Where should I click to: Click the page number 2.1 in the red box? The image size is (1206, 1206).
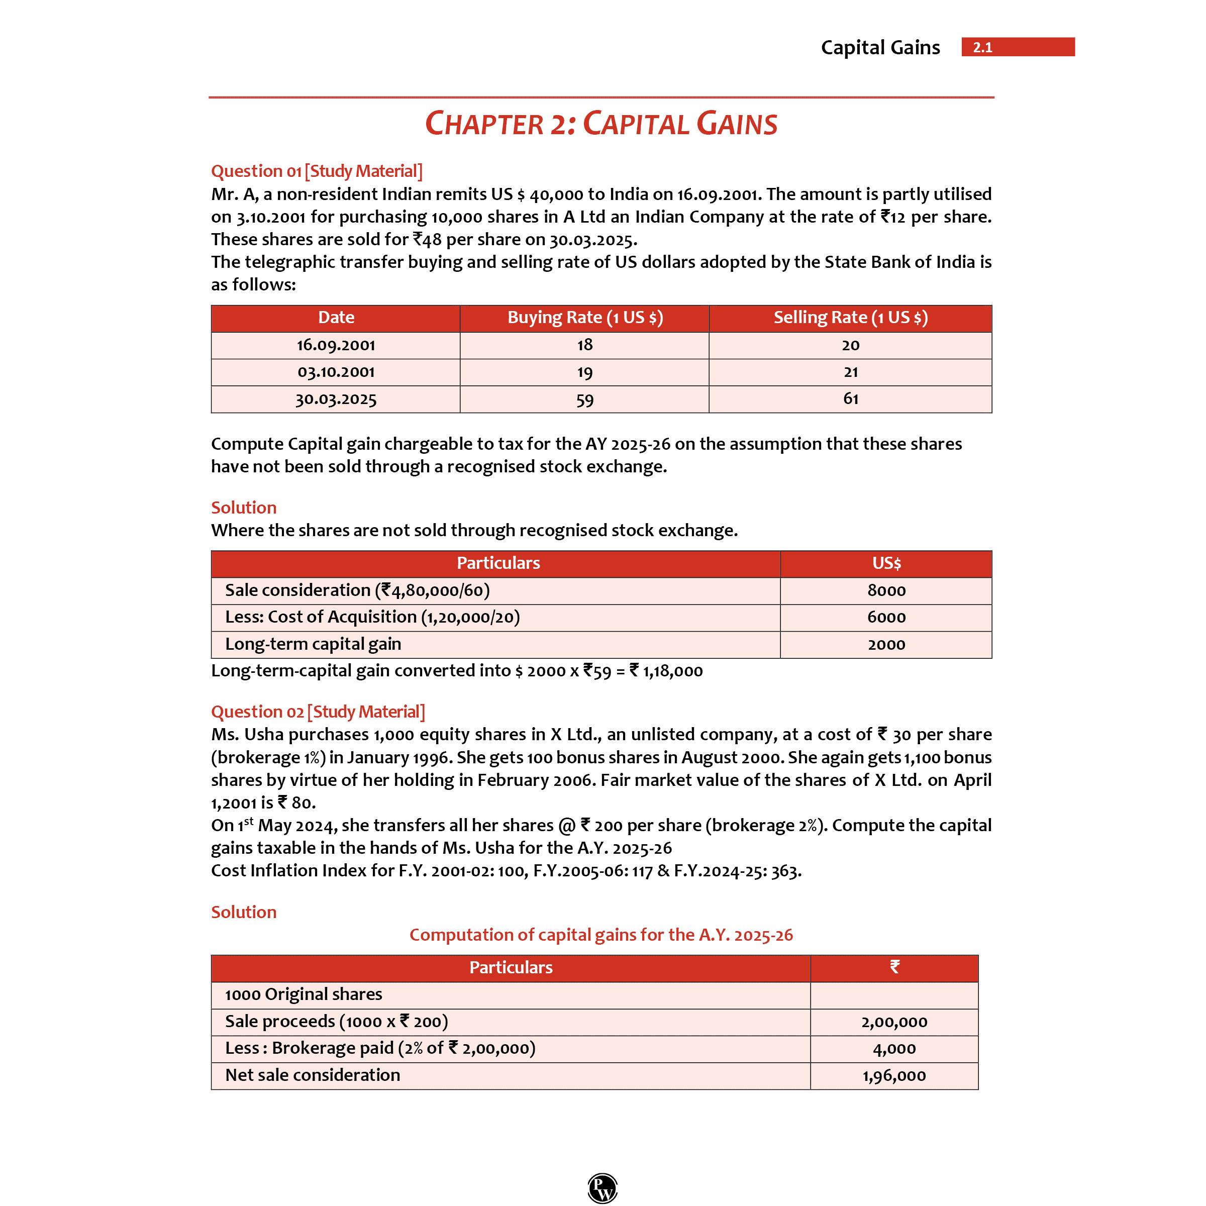pyautogui.click(x=982, y=47)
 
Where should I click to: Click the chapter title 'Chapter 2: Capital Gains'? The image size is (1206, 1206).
pyautogui.click(x=601, y=124)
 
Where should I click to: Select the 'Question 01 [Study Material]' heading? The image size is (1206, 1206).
pyautogui.click(x=317, y=171)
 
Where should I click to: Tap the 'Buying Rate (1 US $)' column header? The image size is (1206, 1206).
pyautogui.click(x=585, y=318)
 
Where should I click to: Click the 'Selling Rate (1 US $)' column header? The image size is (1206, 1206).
pyautogui.click(x=850, y=318)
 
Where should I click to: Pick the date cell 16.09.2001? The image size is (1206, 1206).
pyautogui.click(x=336, y=345)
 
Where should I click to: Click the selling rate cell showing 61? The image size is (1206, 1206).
pyautogui.click(x=851, y=399)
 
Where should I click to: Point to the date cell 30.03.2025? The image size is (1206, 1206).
pyautogui.click(x=336, y=399)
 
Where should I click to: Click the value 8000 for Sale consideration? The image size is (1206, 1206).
pyautogui.click(x=886, y=590)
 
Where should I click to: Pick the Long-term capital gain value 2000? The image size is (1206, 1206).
pyautogui.click(x=886, y=645)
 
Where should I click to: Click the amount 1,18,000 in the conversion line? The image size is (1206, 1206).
pyautogui.click(x=672, y=671)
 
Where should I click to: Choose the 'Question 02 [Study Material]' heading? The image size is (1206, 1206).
pyautogui.click(x=318, y=712)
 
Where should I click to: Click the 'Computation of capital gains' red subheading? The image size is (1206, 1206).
pyautogui.click(x=601, y=935)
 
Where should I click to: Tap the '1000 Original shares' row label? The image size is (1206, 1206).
pyautogui.click(x=304, y=994)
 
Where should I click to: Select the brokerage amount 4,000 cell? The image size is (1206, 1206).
pyautogui.click(x=894, y=1049)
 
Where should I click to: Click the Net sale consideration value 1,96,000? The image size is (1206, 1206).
pyautogui.click(x=894, y=1075)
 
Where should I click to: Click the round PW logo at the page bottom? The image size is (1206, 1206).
pyautogui.click(x=602, y=1187)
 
